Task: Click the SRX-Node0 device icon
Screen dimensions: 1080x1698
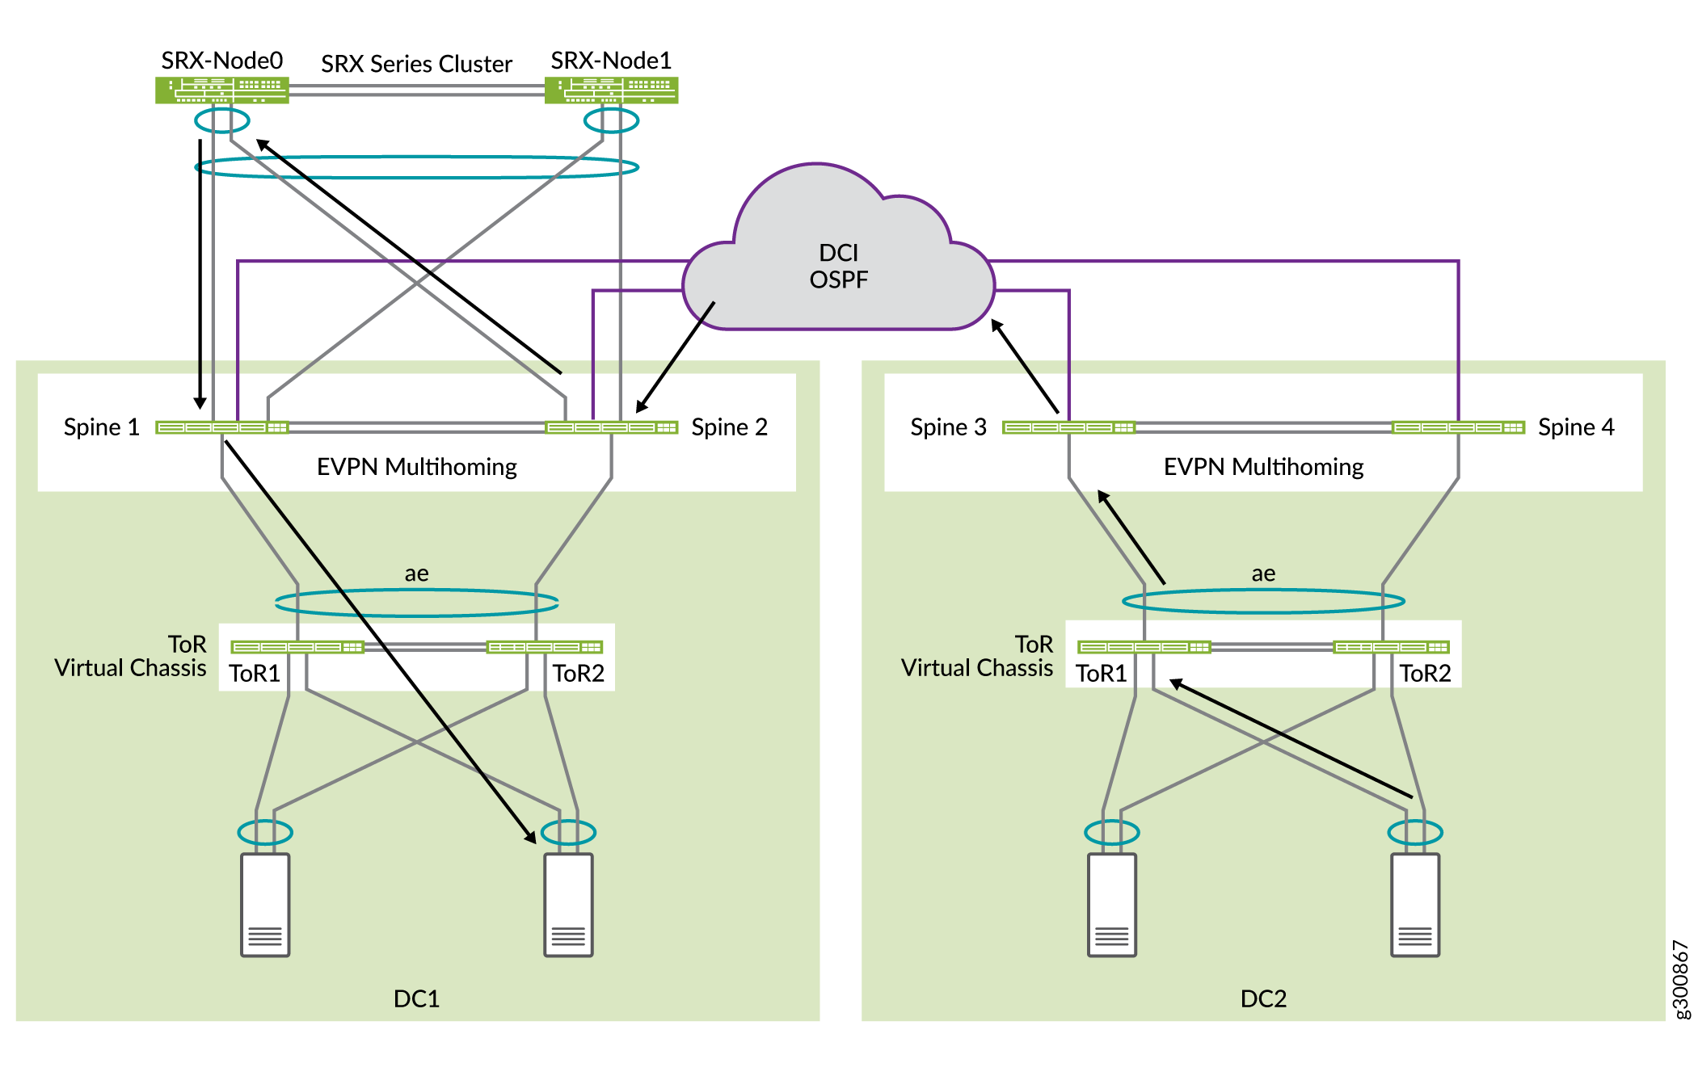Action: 221,90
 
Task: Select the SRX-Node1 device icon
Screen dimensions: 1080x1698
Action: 611,90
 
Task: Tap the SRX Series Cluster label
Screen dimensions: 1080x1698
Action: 416,64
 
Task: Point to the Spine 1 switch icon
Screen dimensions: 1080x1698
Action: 221,427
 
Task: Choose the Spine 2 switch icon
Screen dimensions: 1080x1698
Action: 611,427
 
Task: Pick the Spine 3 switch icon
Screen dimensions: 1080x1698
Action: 1068,427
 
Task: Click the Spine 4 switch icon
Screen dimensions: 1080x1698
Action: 1458,427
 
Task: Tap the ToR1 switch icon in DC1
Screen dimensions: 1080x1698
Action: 297,647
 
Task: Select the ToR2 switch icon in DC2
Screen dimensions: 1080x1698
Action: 1391,647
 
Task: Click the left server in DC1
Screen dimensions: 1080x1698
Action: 265,905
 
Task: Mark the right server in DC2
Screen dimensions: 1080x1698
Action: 1414,905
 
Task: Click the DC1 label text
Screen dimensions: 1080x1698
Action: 416,999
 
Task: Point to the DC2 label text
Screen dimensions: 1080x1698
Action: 1263,999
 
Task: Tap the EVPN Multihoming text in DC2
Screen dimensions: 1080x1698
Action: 1263,467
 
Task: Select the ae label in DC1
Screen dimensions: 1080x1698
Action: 416,574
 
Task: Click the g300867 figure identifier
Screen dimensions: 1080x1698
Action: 1680,979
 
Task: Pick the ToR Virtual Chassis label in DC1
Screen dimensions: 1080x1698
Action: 131,656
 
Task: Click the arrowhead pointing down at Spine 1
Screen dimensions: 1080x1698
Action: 200,402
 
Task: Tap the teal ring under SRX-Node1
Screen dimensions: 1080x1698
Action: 611,121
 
